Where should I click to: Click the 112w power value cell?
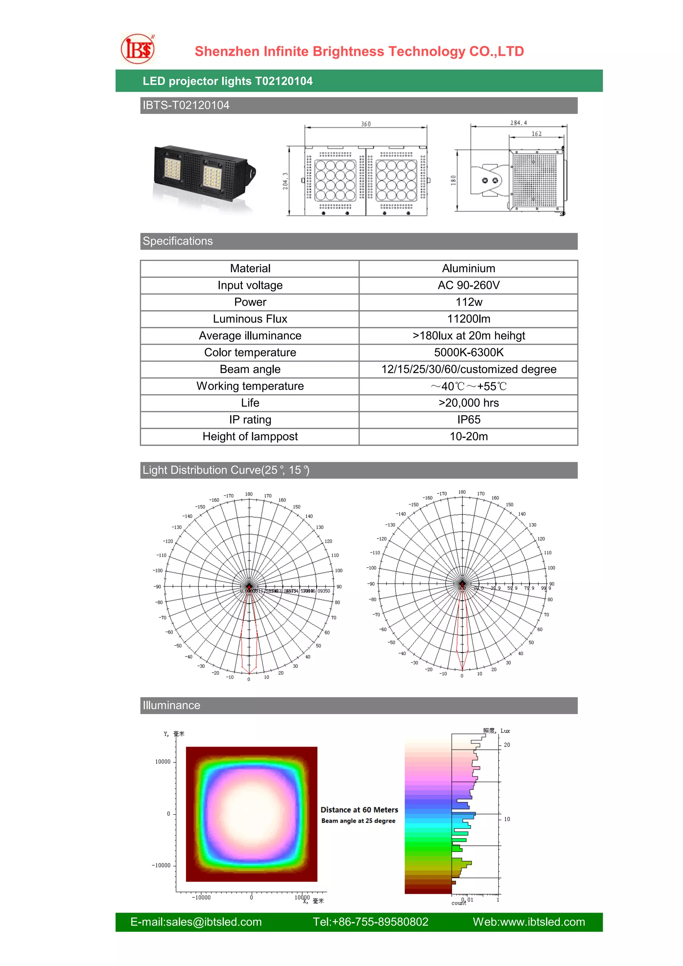(x=469, y=302)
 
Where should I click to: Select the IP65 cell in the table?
(x=469, y=420)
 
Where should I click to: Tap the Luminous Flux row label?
(x=250, y=319)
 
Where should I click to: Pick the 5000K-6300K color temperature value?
(x=469, y=353)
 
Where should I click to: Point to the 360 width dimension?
(x=366, y=124)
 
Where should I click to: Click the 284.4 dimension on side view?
(x=518, y=123)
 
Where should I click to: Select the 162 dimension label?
(x=536, y=134)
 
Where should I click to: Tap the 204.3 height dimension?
(x=285, y=181)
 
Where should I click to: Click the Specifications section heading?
(x=177, y=241)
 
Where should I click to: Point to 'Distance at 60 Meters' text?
(x=359, y=810)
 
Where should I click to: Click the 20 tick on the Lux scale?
(x=507, y=745)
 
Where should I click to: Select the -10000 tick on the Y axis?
(x=161, y=866)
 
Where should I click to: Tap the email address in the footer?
(x=196, y=922)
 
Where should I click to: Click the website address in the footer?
(x=529, y=922)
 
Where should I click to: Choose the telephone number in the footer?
(x=370, y=922)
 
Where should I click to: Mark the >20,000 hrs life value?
(x=469, y=403)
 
